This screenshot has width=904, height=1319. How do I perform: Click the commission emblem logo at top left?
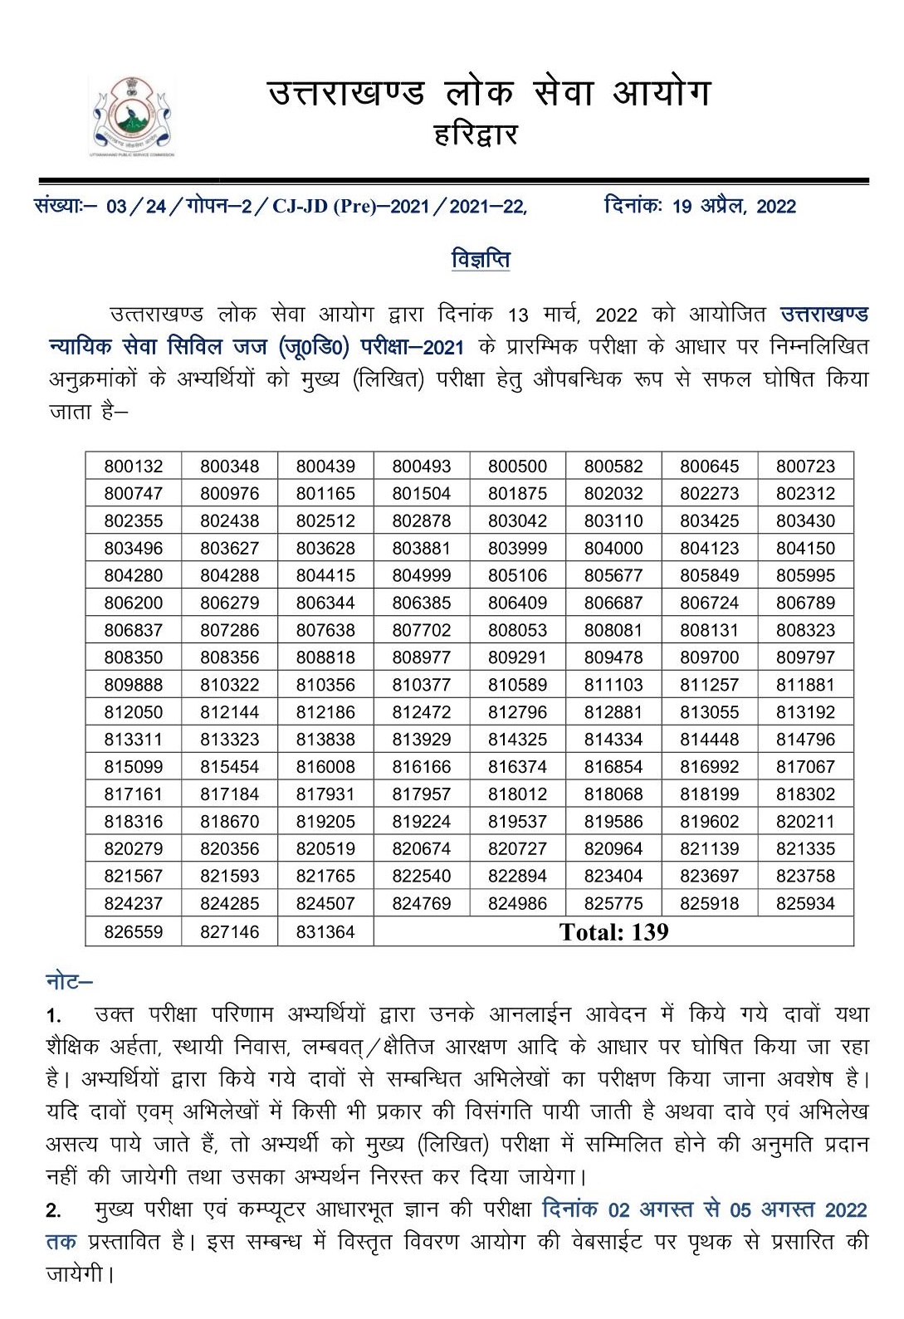(133, 115)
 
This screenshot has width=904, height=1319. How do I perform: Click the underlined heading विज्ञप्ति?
(481, 259)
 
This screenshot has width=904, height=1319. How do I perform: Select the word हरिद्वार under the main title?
(476, 134)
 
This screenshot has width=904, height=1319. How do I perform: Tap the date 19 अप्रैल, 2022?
(734, 206)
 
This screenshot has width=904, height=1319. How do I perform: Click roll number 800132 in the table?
(134, 467)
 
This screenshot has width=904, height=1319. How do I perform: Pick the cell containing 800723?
(805, 467)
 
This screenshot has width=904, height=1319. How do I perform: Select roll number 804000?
(613, 549)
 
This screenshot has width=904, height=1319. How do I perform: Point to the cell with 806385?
(422, 603)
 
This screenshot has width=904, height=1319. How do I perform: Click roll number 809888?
(134, 686)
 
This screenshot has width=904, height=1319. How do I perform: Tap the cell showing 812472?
(422, 713)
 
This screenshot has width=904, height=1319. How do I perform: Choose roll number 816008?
(325, 767)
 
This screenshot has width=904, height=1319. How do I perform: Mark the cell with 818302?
(805, 794)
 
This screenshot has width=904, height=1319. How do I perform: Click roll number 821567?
(134, 877)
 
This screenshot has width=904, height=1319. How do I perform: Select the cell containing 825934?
(805, 904)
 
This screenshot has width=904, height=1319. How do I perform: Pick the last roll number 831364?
(325, 932)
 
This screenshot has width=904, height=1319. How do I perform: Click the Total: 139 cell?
(613, 932)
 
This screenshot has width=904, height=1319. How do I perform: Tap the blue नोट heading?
(68, 982)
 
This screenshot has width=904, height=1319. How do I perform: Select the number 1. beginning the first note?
(54, 1016)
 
